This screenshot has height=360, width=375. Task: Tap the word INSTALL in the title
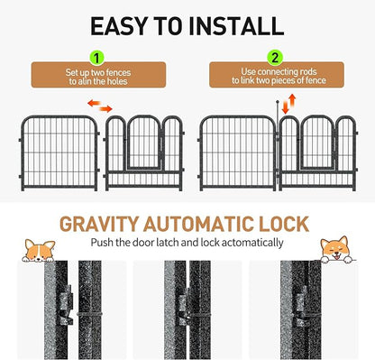coord(236,26)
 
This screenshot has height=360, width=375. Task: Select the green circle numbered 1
coord(97,58)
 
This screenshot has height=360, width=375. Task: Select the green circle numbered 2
coord(275,58)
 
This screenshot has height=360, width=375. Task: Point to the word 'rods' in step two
coord(306,72)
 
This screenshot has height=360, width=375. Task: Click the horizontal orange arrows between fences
coord(100,106)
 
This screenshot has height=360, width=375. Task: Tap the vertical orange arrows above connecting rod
coord(288,104)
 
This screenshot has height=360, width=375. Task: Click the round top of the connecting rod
coord(278,102)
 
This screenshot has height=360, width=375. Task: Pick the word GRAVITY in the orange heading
coord(99,224)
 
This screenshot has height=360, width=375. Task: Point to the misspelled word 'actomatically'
coord(254,243)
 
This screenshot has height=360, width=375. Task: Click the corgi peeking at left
coord(39,250)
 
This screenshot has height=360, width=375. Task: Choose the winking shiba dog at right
coord(336,250)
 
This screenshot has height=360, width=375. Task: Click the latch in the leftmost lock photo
coord(67,305)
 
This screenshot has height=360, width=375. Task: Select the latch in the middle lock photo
coord(183,306)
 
